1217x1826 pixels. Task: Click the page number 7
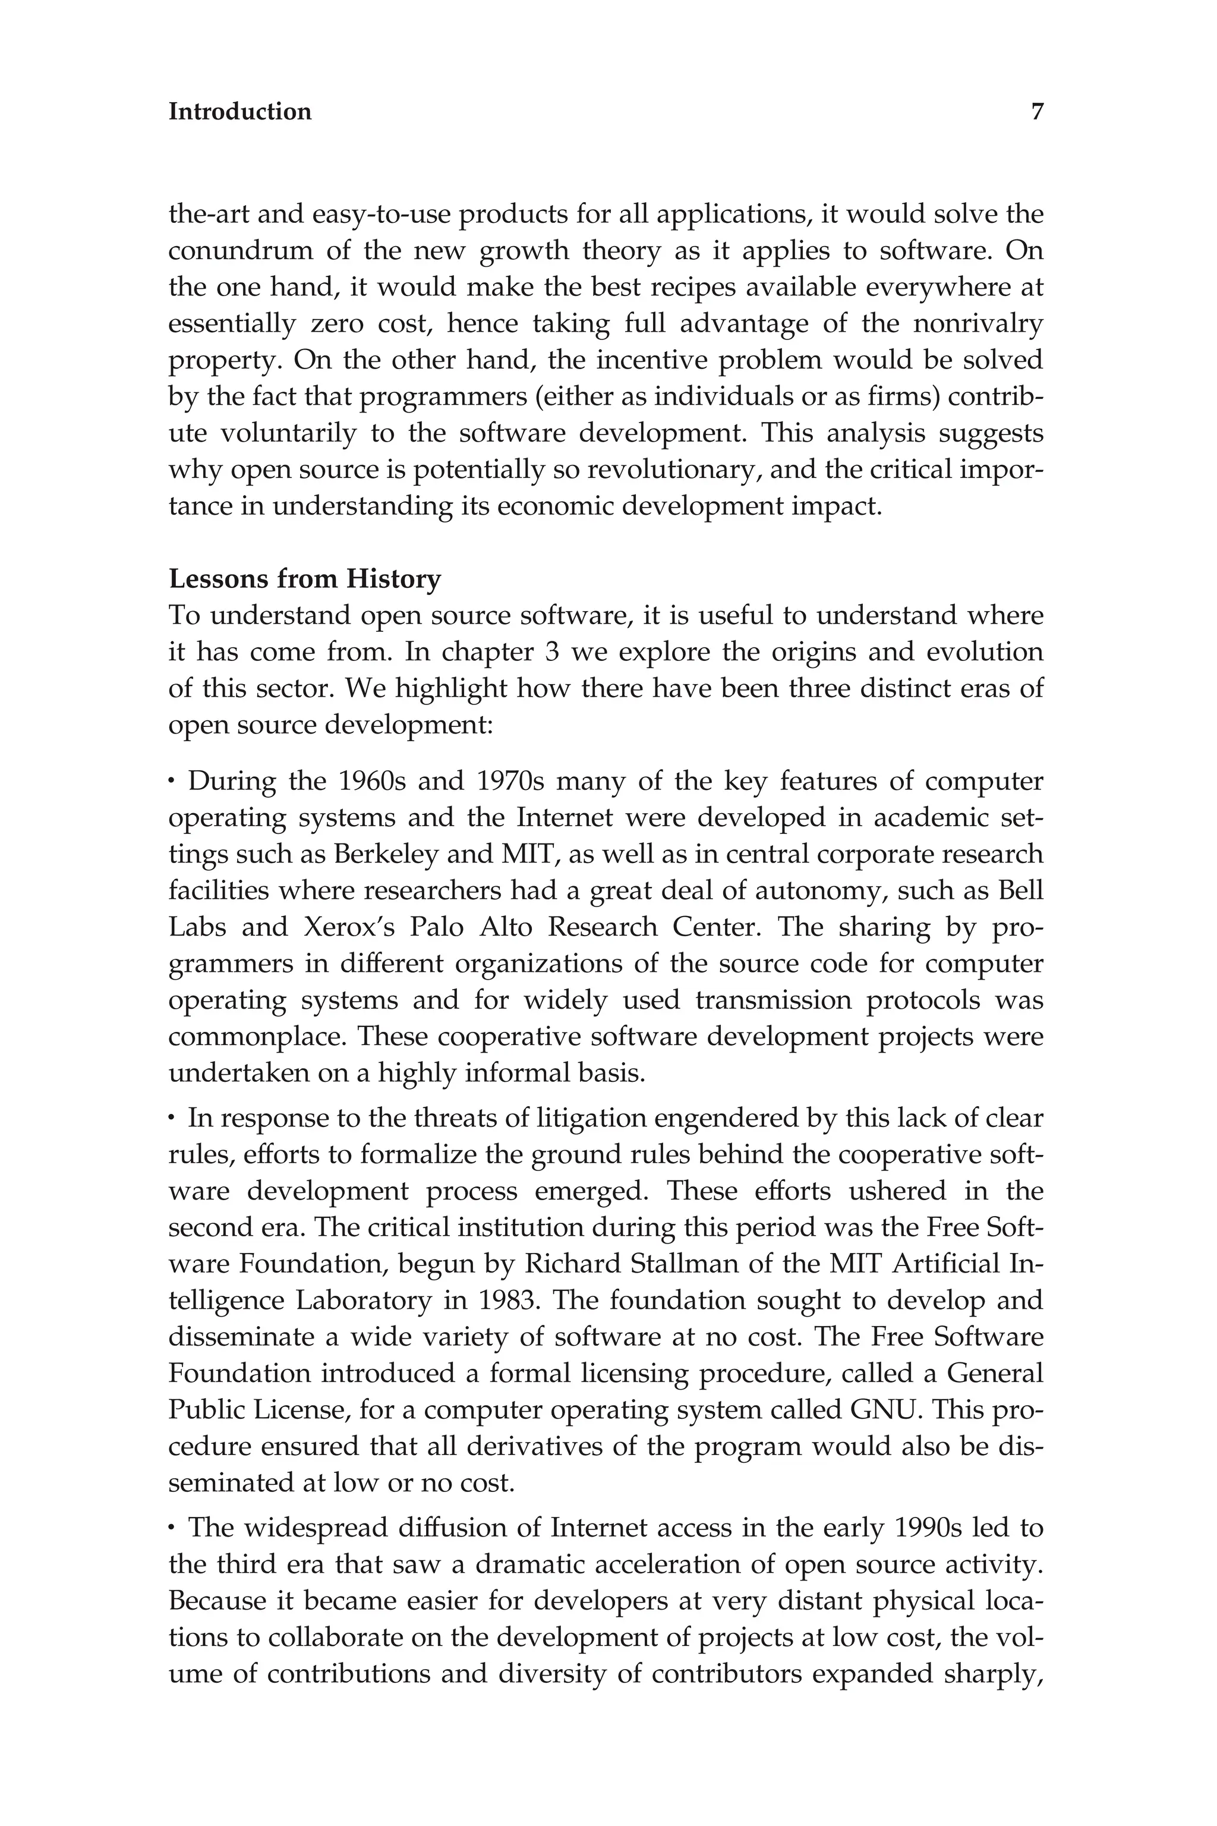click(1037, 112)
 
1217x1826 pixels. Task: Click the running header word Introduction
click(240, 112)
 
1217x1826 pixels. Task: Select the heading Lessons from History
click(304, 579)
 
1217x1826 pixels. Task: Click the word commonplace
click(254, 1037)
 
